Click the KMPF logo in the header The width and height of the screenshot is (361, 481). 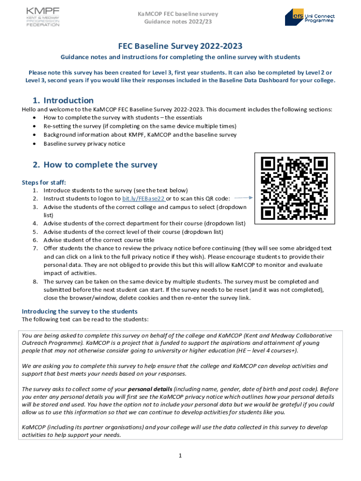[x=43, y=17]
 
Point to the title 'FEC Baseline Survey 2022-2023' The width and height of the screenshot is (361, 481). [x=180, y=46]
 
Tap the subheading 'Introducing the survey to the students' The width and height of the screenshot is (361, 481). [x=80, y=311]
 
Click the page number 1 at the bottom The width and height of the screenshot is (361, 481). [x=180, y=455]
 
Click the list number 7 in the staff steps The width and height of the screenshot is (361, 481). [x=35, y=248]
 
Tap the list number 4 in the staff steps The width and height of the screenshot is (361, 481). [x=35, y=223]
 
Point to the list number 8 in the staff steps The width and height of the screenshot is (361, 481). [x=35, y=281]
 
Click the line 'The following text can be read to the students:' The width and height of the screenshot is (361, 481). [x=85, y=319]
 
